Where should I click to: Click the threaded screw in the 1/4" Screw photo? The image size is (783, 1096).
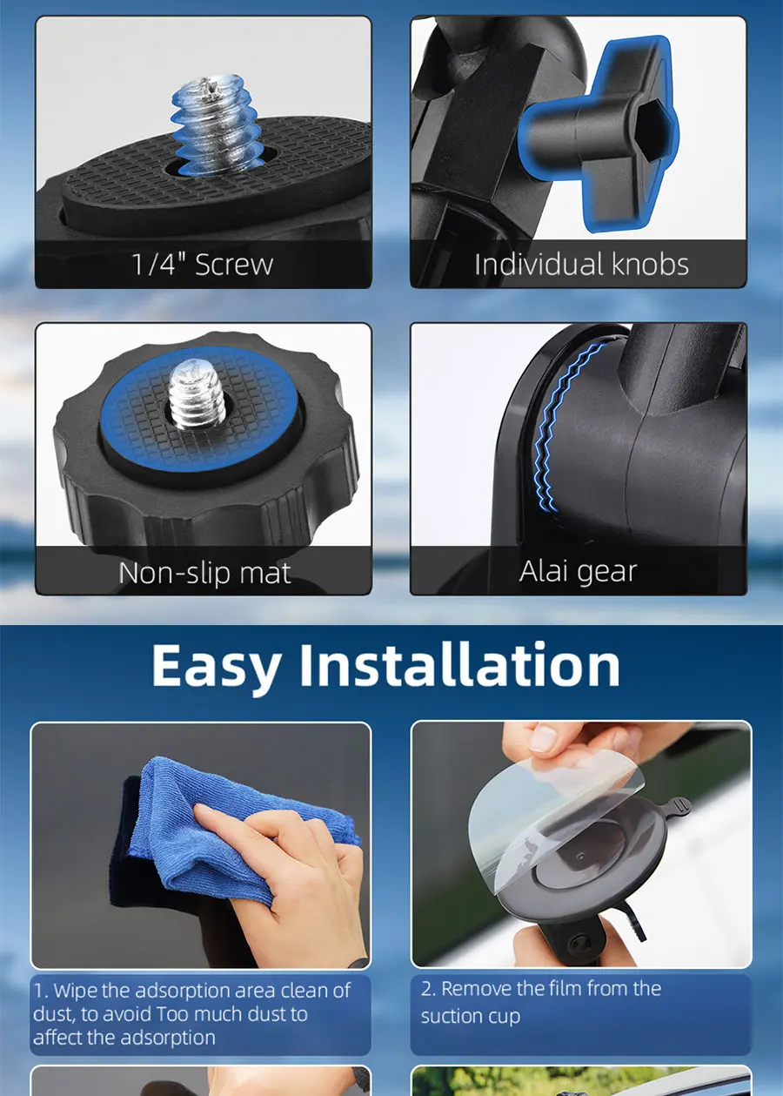click(x=214, y=124)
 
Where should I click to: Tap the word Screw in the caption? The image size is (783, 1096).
click(x=234, y=265)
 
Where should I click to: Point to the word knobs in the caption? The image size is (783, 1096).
click(x=650, y=265)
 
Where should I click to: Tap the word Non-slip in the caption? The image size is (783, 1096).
click(x=176, y=573)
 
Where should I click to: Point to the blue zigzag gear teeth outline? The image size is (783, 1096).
click(x=566, y=426)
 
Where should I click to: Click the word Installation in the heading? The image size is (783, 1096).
click(x=459, y=665)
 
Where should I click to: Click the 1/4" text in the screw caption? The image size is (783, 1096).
click(x=160, y=265)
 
